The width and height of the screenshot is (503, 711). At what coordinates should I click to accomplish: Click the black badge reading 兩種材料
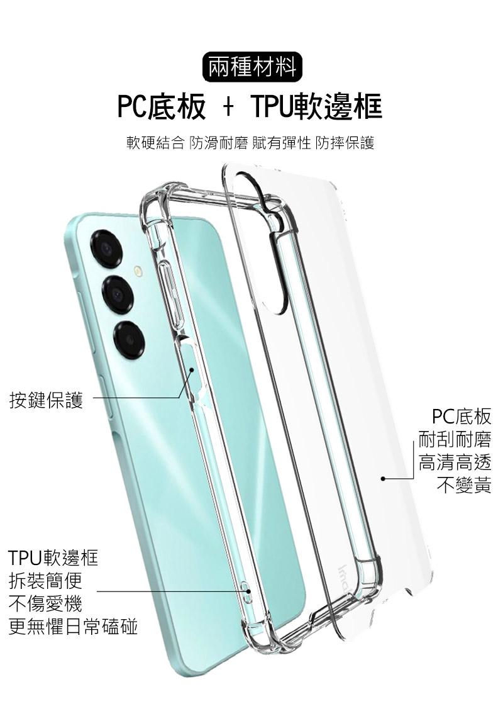tap(252, 67)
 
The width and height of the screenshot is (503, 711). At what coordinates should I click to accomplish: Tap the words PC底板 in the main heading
tap(162, 106)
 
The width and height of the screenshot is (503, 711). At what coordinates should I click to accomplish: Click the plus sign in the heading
tap(228, 108)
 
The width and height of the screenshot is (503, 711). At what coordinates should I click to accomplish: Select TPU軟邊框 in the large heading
tap(317, 106)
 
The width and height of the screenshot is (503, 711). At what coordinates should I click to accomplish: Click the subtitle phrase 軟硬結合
tap(155, 143)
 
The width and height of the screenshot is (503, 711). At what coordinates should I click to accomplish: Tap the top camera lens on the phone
tap(106, 249)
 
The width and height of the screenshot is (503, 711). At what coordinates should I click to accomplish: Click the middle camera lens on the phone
tap(118, 293)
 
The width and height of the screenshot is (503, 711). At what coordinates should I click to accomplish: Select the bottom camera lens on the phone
tap(129, 340)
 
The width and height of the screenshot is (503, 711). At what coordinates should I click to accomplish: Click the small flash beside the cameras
tap(138, 272)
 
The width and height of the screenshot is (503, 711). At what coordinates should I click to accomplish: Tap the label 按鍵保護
tap(47, 400)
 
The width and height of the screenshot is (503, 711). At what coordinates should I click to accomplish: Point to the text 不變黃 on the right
tap(463, 486)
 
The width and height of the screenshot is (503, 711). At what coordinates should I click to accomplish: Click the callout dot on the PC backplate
tap(383, 478)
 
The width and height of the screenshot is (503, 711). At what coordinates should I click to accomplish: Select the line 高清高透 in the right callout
tap(455, 462)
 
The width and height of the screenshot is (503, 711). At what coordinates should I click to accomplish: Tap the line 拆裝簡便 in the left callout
tap(45, 580)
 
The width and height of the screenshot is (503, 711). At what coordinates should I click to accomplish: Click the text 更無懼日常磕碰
tap(73, 627)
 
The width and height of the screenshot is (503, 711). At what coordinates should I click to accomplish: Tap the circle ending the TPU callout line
tap(248, 591)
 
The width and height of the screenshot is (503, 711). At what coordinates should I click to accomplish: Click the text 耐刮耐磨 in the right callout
tap(455, 439)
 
